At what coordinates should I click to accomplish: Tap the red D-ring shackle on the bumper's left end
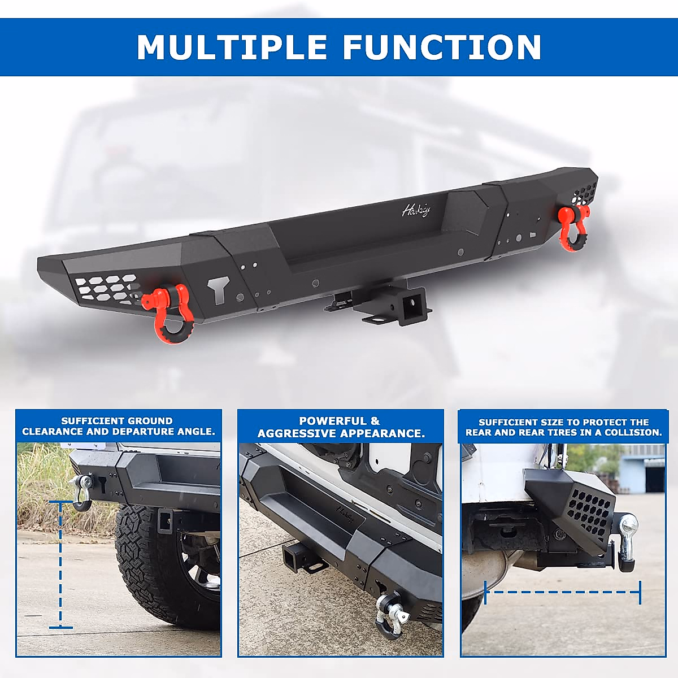click(170, 314)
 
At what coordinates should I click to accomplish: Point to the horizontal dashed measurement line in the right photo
click(563, 592)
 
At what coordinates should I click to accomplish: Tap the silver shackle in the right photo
click(628, 537)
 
